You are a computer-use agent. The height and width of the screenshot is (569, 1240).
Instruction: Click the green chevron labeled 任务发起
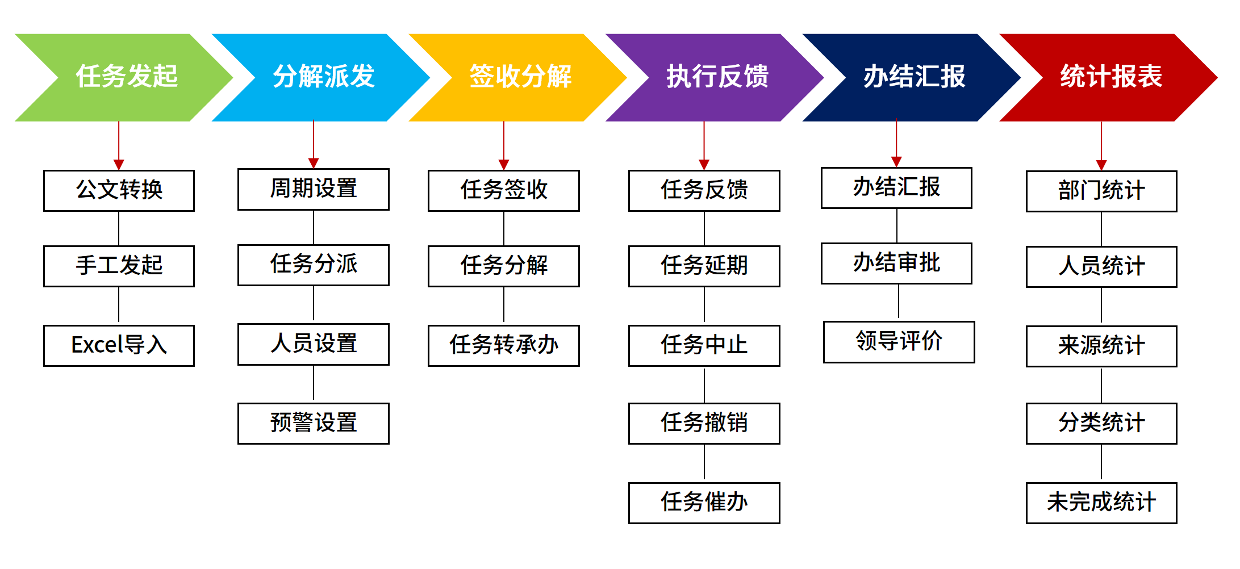[x=126, y=77]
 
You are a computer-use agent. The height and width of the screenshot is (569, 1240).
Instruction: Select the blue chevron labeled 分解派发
[x=324, y=77]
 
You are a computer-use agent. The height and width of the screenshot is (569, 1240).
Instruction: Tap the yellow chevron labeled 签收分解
[x=520, y=77]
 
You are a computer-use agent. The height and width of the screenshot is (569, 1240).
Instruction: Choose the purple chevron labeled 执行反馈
[x=717, y=77]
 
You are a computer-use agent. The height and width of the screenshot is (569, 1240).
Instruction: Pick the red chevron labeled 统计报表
[x=1111, y=77]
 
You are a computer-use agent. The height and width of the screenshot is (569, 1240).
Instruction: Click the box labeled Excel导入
[x=119, y=345]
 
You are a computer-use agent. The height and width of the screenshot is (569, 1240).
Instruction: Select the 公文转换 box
[x=119, y=190]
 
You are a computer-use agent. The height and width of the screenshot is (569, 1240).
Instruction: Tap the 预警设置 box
[x=314, y=423]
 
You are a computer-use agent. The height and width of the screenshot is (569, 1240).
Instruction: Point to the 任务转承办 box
[x=504, y=345]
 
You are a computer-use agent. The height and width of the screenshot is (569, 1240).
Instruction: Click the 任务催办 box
[x=704, y=503]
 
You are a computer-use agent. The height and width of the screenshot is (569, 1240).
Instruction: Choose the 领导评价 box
[x=899, y=342]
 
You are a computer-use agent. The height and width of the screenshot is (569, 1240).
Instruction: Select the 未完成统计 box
[x=1101, y=503]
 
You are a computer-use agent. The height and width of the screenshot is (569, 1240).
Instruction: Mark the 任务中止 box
[x=704, y=345]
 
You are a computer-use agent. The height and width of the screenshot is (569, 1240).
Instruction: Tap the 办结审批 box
[x=896, y=263]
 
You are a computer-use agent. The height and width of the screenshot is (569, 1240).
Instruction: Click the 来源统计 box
[x=1101, y=346]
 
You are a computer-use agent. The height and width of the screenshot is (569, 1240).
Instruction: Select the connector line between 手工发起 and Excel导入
[x=119, y=306]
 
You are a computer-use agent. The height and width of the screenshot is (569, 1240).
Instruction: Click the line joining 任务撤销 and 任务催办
[x=704, y=463]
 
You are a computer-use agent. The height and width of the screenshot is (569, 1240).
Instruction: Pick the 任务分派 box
[x=314, y=265]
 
